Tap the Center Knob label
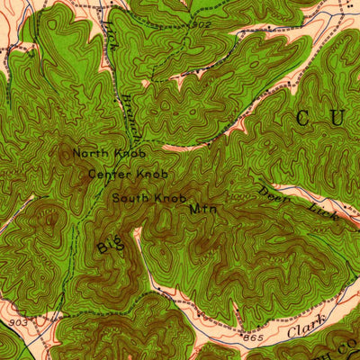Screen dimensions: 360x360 click(x=128, y=174)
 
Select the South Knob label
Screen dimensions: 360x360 click(x=149, y=197)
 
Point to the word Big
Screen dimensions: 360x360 click(x=109, y=241)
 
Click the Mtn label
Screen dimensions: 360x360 click(x=199, y=209)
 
